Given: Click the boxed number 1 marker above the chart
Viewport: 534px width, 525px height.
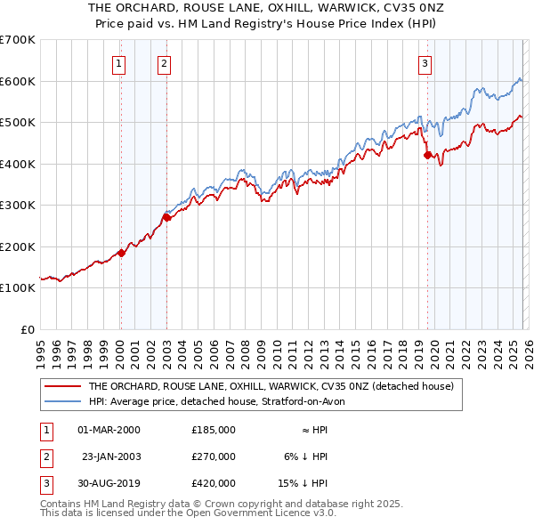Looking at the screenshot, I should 119,63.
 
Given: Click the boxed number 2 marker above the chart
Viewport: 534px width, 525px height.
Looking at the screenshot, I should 165,63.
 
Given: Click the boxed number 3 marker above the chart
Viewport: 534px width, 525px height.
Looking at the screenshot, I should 425,63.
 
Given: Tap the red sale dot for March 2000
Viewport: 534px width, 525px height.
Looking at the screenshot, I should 122,253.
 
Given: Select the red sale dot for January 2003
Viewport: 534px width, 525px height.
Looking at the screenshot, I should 166,217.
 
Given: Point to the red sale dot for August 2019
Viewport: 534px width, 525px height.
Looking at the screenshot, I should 427,156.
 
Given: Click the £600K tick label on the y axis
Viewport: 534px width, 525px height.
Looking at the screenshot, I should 18,81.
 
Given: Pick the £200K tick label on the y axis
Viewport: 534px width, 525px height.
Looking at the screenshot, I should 18,246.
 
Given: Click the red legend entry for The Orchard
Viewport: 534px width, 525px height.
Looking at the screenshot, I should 271,387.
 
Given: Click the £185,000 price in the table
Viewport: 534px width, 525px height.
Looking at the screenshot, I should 213,430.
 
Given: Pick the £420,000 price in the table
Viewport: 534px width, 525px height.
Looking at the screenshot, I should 213,483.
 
